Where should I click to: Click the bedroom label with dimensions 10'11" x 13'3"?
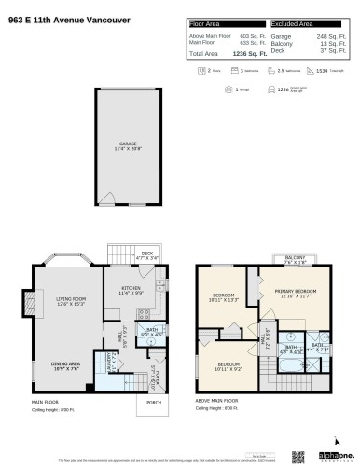tap(222, 297)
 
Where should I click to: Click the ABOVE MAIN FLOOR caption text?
tap(215, 402)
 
